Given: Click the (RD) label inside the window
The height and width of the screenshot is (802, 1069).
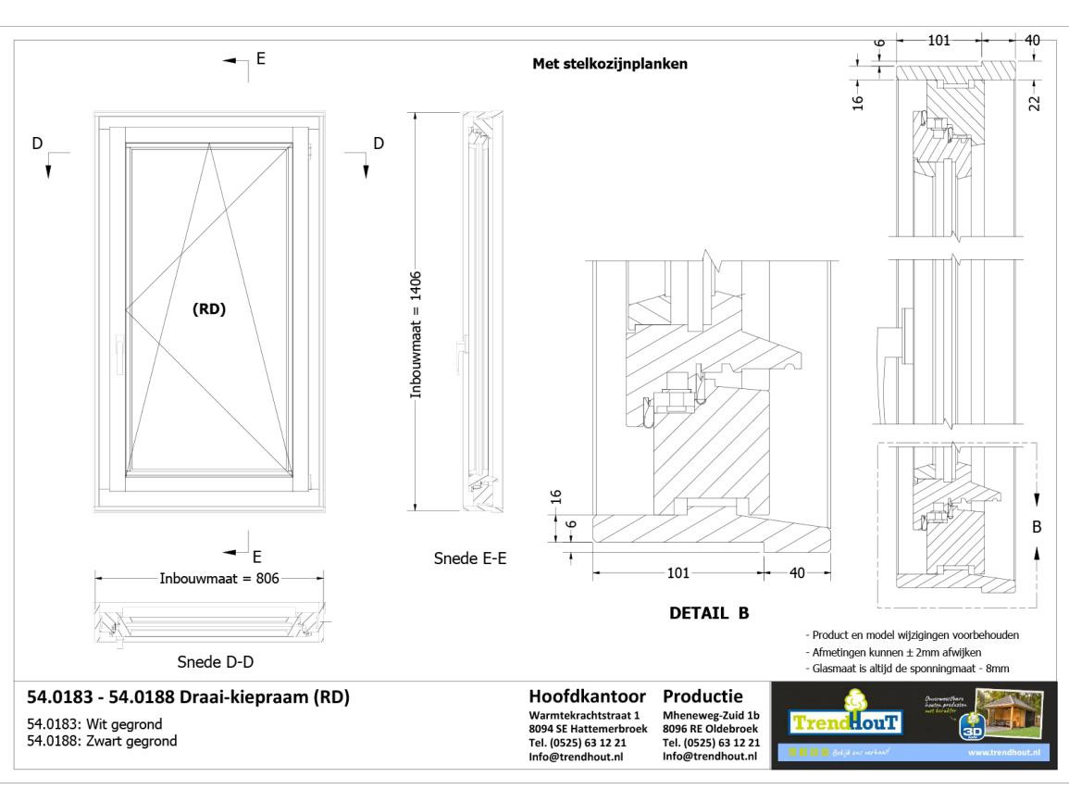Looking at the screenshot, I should click(208, 309).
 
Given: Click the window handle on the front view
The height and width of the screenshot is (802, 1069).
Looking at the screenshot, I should click(119, 355).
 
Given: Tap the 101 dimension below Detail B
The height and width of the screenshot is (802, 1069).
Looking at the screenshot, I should click(677, 572).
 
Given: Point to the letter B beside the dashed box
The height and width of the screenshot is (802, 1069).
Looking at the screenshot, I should click(1037, 526).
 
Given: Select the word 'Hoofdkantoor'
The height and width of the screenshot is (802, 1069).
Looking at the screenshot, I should click(587, 695).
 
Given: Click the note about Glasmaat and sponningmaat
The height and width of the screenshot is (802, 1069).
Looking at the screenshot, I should click(907, 667).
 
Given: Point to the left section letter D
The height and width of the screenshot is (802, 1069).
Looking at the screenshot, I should click(38, 144).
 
